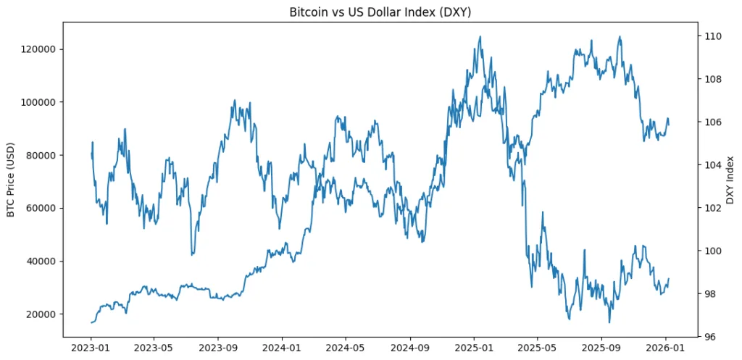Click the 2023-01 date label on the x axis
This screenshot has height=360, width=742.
(x=91, y=347)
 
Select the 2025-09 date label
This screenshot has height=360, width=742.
(x=601, y=347)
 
